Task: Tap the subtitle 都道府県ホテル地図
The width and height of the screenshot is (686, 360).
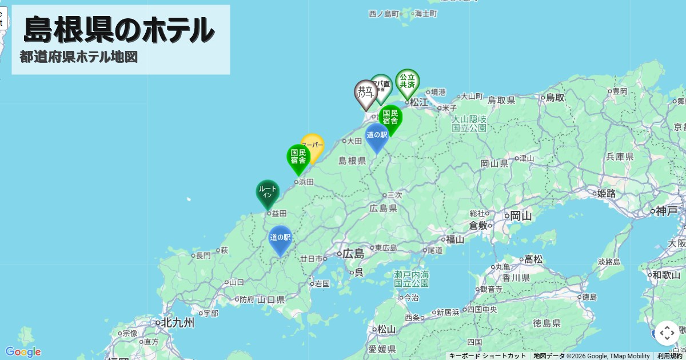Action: (78, 57)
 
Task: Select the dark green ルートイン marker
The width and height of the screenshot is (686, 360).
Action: (268, 193)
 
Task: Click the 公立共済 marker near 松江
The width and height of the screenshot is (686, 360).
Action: (407, 82)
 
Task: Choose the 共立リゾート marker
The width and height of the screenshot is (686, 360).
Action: (365, 92)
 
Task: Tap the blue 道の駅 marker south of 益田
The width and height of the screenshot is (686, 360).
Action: (280, 238)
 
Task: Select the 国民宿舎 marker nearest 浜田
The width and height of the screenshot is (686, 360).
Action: (298, 157)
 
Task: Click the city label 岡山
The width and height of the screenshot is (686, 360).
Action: (521, 216)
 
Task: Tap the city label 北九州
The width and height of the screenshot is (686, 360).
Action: (178, 322)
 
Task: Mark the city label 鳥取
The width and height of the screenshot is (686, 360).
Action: (555, 98)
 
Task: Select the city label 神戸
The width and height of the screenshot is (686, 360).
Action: (667, 211)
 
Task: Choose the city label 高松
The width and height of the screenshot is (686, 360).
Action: (533, 259)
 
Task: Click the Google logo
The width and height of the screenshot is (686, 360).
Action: (23, 351)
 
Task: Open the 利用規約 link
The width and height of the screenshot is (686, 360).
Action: (669, 355)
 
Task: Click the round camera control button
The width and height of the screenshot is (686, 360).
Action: (667, 333)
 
